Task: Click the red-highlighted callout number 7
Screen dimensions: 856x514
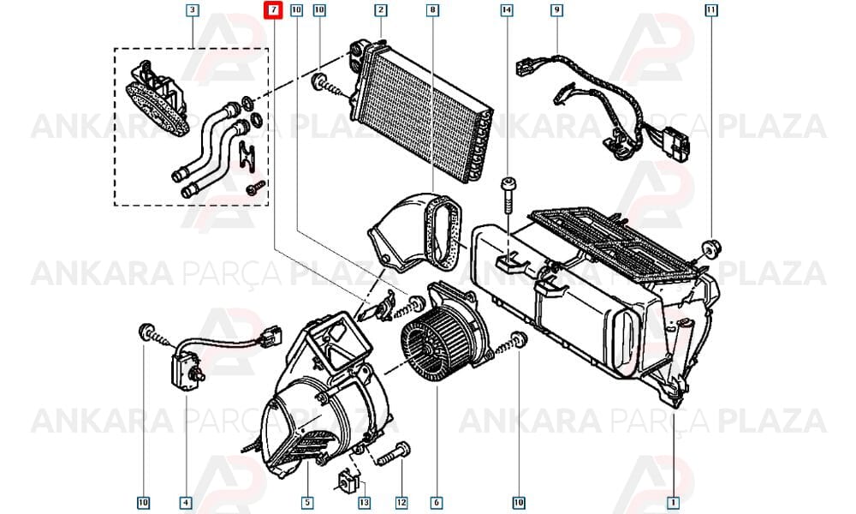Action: click(x=273, y=10)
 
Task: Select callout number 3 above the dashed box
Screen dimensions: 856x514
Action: click(x=192, y=9)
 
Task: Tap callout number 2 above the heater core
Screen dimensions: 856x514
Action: click(x=381, y=9)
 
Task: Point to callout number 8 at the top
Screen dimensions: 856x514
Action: click(x=432, y=9)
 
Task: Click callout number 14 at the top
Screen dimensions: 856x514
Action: click(x=507, y=9)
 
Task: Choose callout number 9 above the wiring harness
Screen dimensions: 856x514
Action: click(x=557, y=9)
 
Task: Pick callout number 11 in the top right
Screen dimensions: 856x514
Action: click(x=710, y=9)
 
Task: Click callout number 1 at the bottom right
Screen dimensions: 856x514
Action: click(x=673, y=502)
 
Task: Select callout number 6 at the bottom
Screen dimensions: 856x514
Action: click(x=437, y=502)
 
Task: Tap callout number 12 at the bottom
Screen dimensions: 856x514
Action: click(x=401, y=502)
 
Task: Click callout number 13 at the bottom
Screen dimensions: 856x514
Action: click(x=364, y=502)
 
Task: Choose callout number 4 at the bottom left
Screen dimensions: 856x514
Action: click(x=186, y=502)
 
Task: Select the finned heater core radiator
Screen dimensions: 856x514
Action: click(x=420, y=112)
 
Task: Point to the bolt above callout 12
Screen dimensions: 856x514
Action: click(x=393, y=454)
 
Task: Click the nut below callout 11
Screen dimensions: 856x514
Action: click(x=711, y=248)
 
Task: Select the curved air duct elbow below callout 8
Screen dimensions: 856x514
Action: click(x=418, y=233)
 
